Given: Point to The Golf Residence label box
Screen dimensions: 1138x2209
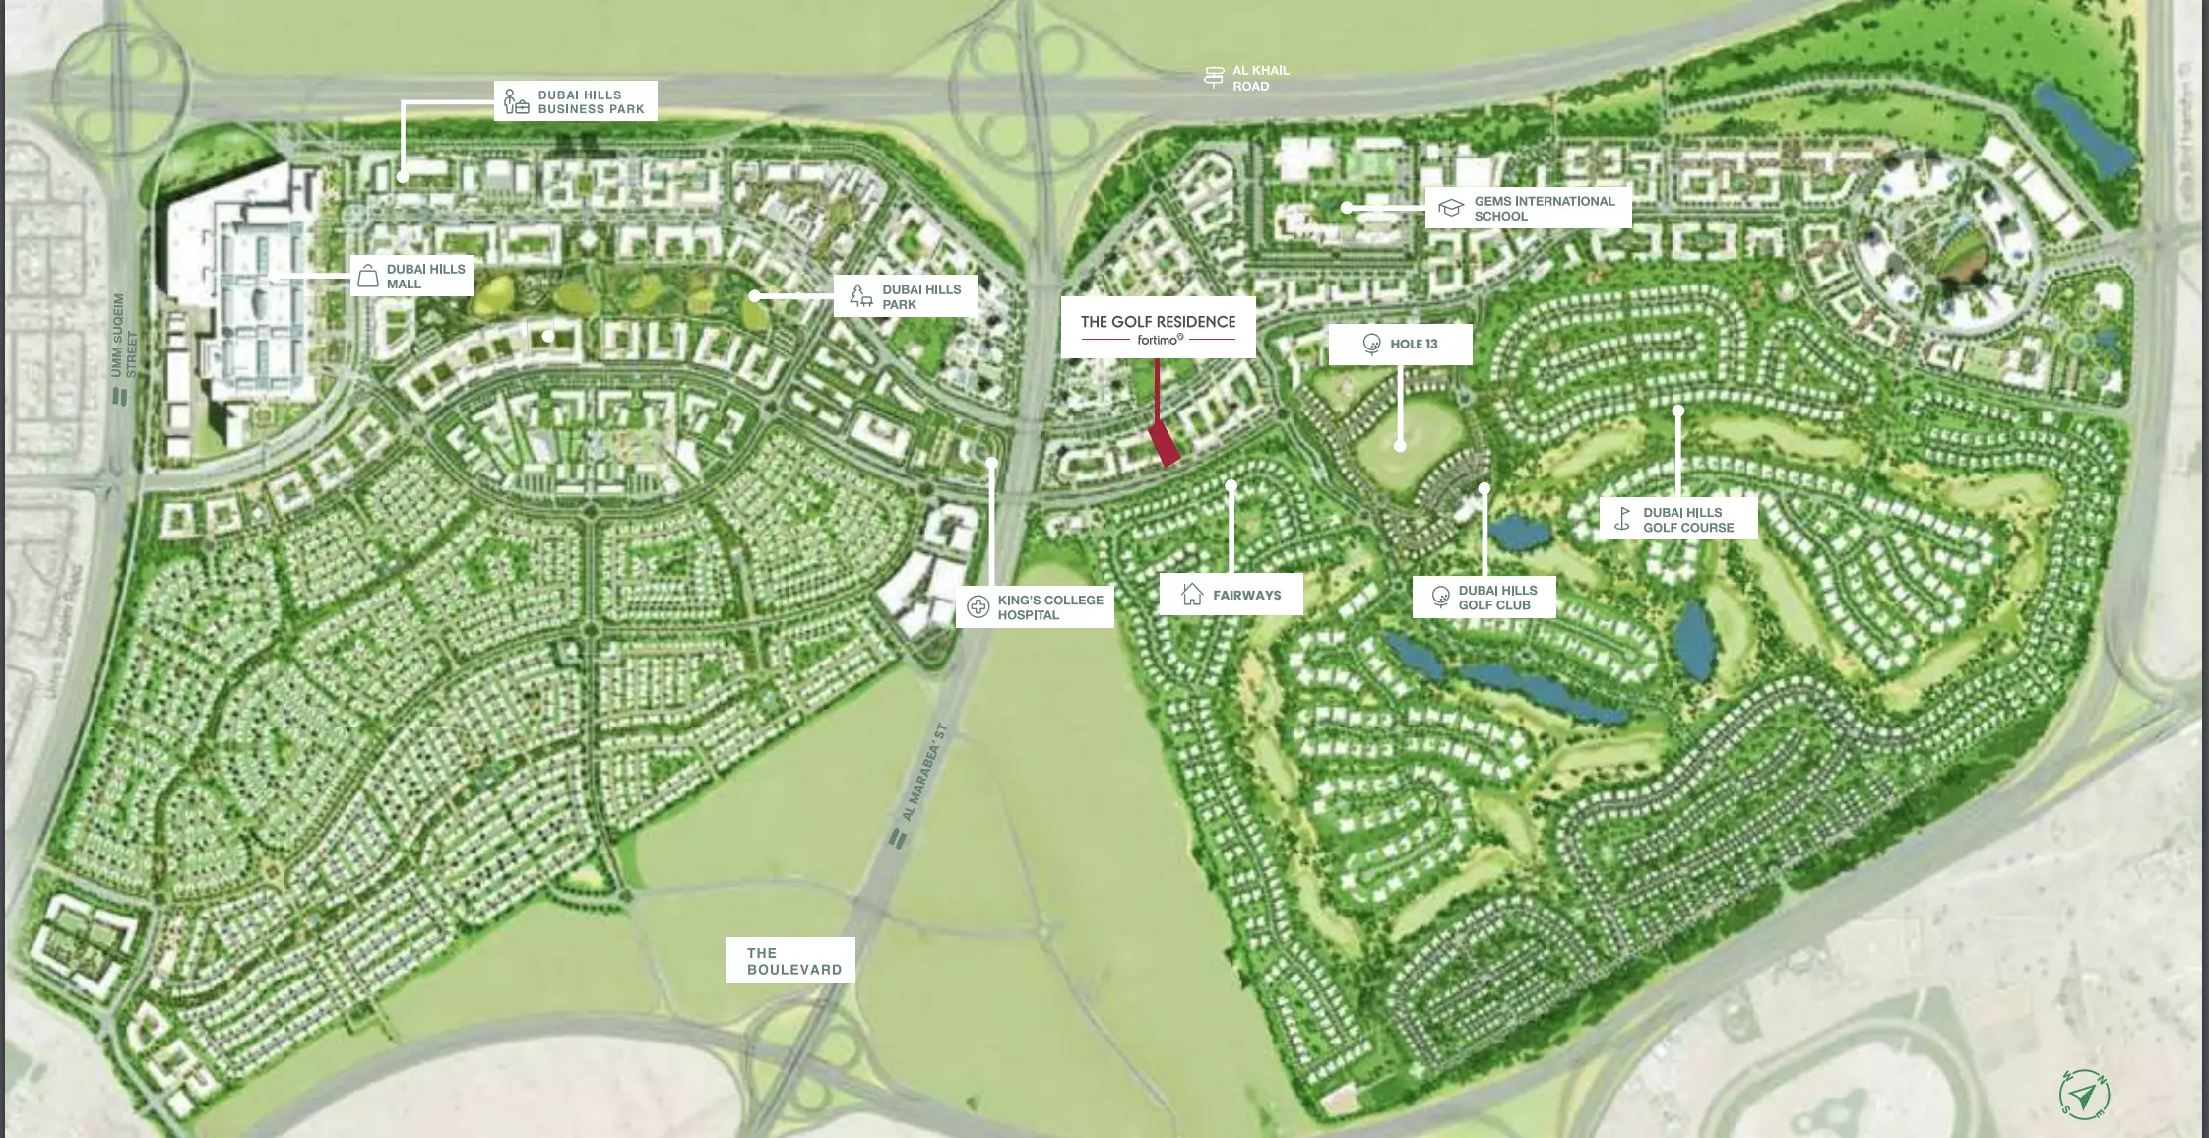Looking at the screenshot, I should coord(1158,328).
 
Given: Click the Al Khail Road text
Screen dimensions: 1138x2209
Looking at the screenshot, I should coord(1260,78).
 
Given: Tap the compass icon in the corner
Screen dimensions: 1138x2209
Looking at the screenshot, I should coord(2084,1094).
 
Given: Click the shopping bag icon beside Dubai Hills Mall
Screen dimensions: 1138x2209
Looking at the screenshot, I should coord(368,277).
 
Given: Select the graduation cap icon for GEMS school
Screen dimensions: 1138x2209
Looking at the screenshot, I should coord(1450,208).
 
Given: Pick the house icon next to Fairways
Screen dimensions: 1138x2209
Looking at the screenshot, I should coord(1192,594).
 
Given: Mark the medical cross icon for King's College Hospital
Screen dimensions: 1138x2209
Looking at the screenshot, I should coord(978,606).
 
